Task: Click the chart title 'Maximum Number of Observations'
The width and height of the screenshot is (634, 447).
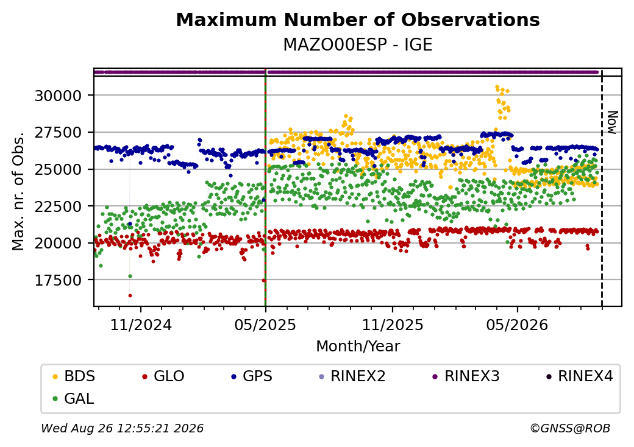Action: (x=358, y=19)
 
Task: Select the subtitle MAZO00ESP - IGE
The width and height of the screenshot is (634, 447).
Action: (x=358, y=44)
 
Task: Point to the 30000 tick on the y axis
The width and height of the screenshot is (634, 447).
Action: (x=59, y=96)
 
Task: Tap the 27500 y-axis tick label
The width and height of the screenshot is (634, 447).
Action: (x=59, y=132)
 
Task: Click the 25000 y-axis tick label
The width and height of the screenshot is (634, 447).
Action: (x=59, y=169)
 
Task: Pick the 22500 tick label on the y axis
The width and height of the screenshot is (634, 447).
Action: (x=59, y=206)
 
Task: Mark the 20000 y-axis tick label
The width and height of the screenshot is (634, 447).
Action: (x=59, y=243)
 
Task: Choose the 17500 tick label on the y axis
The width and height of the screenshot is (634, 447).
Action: (x=59, y=280)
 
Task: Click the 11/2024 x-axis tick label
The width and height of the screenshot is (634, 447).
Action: (x=141, y=325)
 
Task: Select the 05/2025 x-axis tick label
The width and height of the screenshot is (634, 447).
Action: (x=265, y=325)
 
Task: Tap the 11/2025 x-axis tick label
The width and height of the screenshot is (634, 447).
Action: (x=392, y=325)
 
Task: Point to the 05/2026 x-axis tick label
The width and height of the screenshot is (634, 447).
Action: (x=517, y=325)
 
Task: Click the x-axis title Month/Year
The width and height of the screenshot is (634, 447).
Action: (x=358, y=347)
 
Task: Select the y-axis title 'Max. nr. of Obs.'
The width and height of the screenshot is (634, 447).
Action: (x=18, y=191)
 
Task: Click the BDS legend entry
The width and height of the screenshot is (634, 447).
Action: (x=74, y=376)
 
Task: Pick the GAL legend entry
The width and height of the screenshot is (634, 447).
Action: (x=74, y=398)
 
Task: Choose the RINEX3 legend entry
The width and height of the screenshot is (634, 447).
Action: (x=466, y=376)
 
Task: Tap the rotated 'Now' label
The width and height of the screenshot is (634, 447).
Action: (x=613, y=122)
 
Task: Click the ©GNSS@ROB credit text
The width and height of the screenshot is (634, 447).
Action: (x=570, y=428)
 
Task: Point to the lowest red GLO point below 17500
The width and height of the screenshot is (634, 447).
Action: (x=130, y=295)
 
